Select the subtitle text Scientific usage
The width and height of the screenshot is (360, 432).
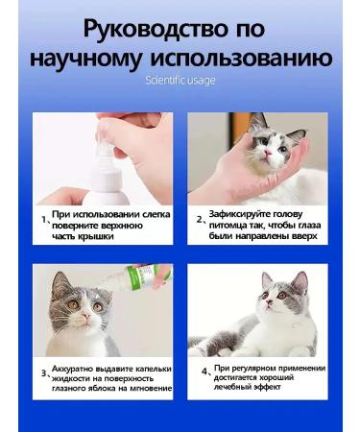tap(180, 81)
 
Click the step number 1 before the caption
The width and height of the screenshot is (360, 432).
tap(43, 220)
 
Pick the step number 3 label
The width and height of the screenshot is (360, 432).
tap(43, 374)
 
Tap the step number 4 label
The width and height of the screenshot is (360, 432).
tap(204, 370)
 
